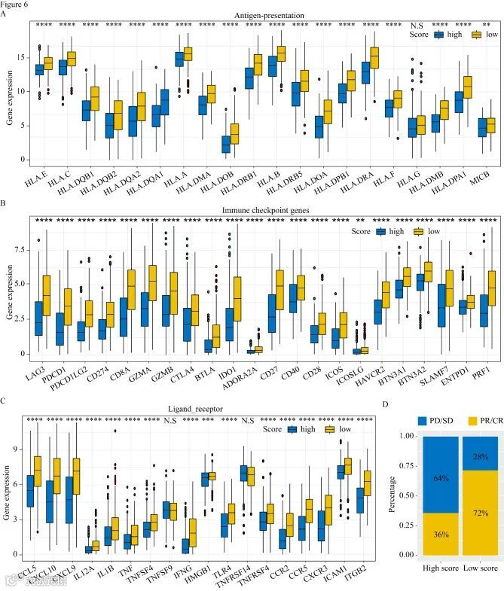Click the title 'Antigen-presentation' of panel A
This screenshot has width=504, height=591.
(x=258, y=15)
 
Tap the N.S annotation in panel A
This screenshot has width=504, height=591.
(x=417, y=25)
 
